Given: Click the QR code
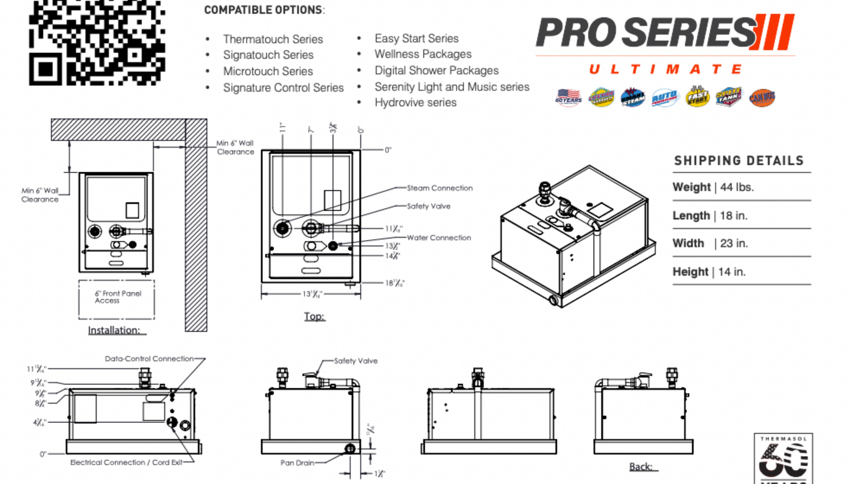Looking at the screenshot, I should pos(97,42).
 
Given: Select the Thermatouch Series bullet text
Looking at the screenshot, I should pos(273,39).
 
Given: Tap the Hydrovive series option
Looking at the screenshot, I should pos(415,103).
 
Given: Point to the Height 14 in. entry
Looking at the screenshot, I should pos(708,272).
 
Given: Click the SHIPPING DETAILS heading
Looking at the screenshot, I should pos(739,161).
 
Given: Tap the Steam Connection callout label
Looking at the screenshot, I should pos(439,188).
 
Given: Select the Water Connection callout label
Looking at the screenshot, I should pos(439,238).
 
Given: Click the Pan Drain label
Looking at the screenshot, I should pos(297,463).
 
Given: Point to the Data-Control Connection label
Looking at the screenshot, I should pos(149,359).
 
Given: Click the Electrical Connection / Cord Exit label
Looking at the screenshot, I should pos(126,462).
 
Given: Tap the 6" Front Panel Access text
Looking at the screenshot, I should pos(117,297).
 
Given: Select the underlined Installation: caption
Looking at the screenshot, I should pos(114,330).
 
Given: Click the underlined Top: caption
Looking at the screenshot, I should pos(314,316).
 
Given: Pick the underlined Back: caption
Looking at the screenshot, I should pos(641,467).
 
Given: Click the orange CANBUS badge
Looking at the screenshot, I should pos(762,97).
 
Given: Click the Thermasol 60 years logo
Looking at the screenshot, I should pos(783,458).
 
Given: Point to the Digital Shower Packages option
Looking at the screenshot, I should pos(436,70).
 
